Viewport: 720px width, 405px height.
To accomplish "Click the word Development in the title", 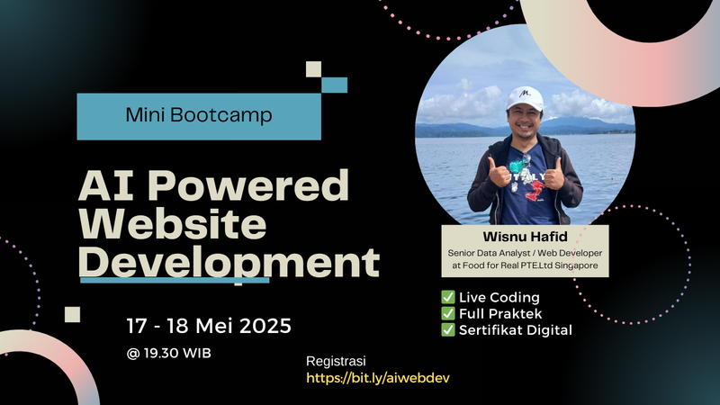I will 229,263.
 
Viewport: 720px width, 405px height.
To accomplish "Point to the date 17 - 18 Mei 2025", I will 208,323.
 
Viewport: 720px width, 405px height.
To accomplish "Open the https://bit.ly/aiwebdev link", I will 378,378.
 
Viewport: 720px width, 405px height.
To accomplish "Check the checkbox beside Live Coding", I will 447,297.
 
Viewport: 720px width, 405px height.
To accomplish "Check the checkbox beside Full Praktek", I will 447,313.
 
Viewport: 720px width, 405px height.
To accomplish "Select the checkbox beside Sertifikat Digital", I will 447,329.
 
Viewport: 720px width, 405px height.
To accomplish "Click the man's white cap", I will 525,97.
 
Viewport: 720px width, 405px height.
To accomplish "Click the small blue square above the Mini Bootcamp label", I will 334,85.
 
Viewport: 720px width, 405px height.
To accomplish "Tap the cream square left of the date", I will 73,314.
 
